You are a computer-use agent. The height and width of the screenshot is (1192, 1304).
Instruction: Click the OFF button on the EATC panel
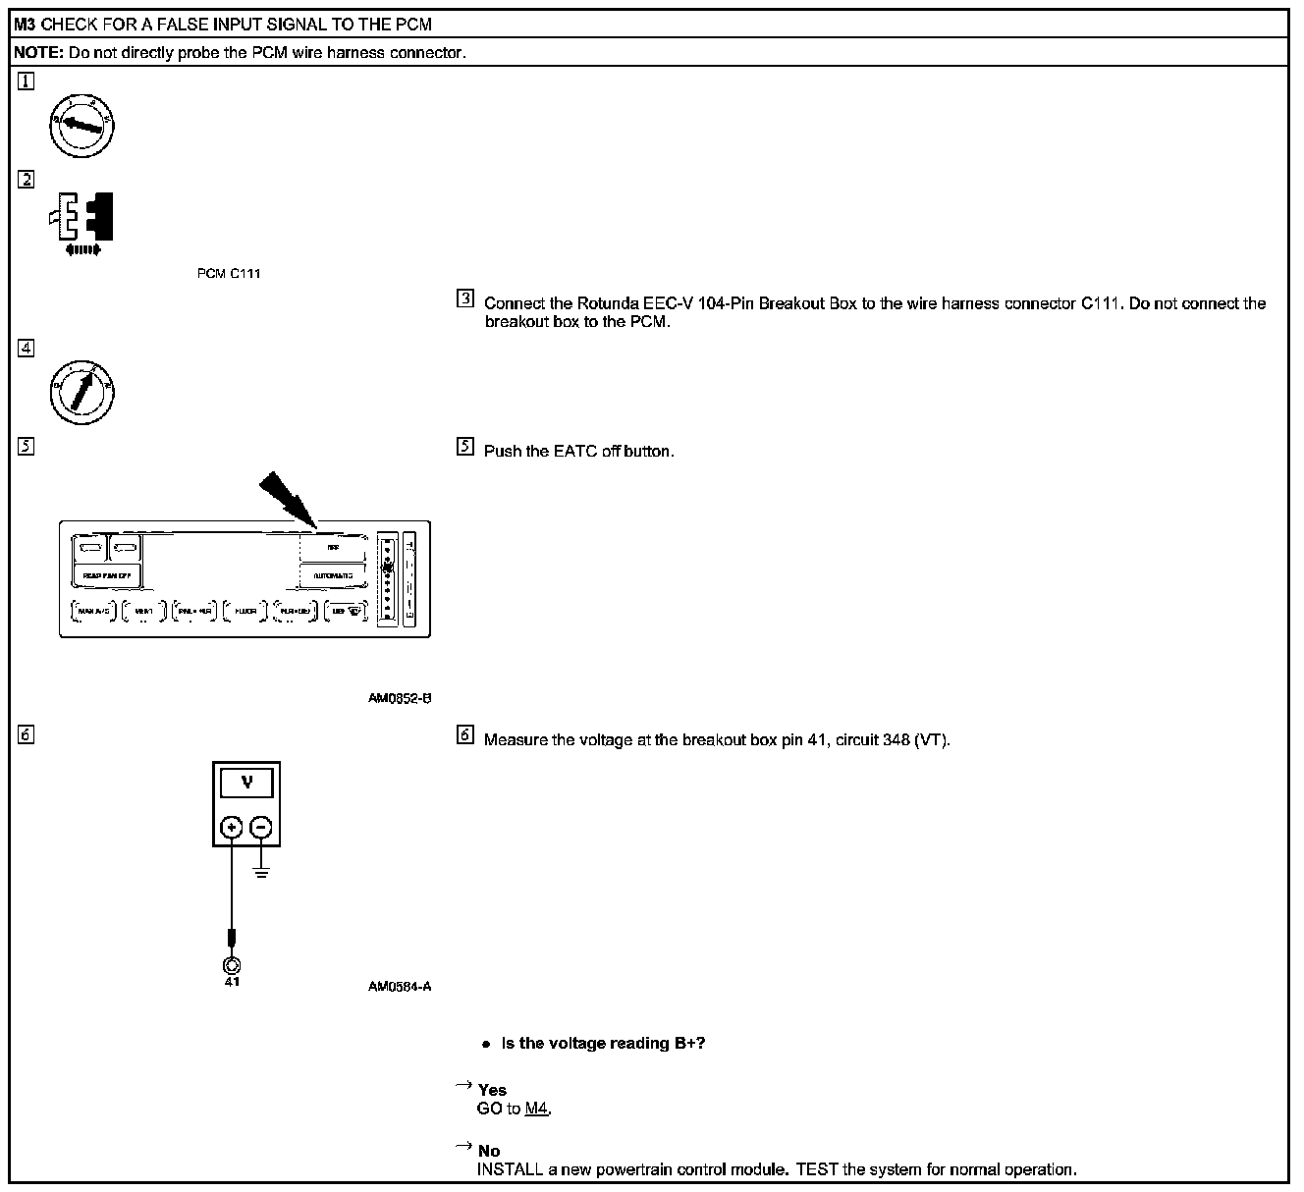333,548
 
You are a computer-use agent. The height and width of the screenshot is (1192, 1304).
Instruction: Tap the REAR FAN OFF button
106,574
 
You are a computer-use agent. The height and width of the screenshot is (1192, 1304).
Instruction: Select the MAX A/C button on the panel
94,611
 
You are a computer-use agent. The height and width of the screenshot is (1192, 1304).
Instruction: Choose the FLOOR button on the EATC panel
244,611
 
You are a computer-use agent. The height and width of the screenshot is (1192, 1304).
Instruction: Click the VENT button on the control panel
143,611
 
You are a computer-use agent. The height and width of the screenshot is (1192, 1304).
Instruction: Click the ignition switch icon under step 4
82,391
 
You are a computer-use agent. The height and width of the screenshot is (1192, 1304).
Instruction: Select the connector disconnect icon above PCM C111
83,221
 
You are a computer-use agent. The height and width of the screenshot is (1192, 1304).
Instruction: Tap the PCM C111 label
229,273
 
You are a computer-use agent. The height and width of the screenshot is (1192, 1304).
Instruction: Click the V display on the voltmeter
247,783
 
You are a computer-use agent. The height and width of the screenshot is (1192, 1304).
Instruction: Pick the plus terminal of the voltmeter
232,828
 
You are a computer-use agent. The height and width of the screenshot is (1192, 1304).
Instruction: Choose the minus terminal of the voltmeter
261,828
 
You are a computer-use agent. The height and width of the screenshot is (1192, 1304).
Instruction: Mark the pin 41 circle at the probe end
232,964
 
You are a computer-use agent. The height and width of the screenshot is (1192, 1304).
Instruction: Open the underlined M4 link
536,1109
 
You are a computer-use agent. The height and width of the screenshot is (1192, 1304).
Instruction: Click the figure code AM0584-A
400,987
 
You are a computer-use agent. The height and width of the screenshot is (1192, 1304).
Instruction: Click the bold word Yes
492,1090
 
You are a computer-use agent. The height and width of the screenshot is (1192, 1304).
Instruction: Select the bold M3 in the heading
26,24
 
